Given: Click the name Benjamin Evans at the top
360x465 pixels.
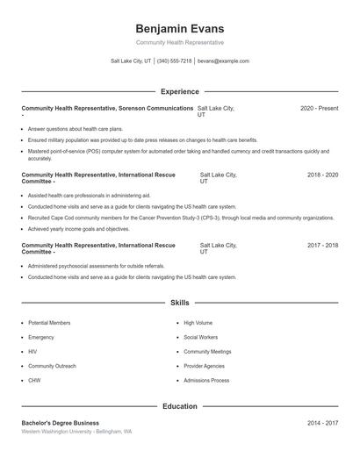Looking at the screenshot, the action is pos(180,29).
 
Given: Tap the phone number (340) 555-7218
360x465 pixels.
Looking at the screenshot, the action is pos(174,61).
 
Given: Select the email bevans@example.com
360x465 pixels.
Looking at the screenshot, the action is pos(223,61).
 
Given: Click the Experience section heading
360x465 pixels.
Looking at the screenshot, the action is pos(180,91).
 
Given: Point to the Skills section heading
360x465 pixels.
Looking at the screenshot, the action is pos(180,303).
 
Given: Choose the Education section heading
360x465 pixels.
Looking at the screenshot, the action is pos(180,406).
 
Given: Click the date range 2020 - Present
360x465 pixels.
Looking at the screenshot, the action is pos(319,108).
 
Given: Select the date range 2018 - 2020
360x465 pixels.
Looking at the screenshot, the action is pos(322,175).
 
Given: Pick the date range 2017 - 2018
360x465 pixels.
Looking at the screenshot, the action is pos(322,246).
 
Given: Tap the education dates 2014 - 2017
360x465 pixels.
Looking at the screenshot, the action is pos(322,423).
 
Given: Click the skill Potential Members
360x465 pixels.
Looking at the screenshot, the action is pos(49,323).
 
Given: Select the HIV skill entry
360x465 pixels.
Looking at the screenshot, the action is pos(32,352).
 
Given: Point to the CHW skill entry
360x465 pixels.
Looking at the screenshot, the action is pos(34,381).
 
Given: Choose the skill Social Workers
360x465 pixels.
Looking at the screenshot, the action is pos(201,337).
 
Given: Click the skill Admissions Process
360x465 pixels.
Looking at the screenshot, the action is pos(206,381).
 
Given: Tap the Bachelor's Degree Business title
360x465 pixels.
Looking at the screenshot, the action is pos(61,423).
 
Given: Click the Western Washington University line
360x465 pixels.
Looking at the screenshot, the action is pos(76,432).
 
